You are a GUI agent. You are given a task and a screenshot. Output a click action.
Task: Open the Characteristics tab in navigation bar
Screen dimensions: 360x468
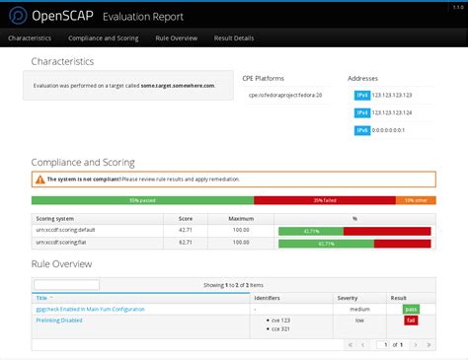(30, 38)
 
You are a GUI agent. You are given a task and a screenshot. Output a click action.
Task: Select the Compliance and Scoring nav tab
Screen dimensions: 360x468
(104, 38)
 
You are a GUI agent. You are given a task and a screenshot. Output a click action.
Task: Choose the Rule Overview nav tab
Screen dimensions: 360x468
(177, 38)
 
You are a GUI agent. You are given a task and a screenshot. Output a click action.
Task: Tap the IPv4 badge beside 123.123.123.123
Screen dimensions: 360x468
(361, 96)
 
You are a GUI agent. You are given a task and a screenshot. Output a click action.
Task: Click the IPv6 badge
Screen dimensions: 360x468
(361, 130)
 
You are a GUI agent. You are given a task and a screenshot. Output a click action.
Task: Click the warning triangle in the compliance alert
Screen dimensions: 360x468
(39, 180)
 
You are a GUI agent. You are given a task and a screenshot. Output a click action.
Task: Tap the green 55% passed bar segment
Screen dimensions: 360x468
(143, 200)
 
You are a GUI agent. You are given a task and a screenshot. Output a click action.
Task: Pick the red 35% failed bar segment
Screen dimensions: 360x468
(324, 200)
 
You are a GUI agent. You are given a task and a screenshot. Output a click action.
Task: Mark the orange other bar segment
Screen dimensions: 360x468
(415, 200)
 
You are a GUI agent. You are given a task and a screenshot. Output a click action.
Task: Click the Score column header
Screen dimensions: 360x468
(185, 218)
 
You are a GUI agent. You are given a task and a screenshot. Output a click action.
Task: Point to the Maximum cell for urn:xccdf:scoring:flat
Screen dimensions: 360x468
(234, 242)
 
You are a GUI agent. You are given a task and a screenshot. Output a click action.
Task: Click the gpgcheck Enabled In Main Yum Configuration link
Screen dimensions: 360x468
(90, 309)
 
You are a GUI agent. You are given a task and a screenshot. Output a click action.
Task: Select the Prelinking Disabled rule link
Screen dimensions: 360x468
(59, 320)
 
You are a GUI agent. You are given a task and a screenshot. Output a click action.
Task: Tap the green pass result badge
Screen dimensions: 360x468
(411, 309)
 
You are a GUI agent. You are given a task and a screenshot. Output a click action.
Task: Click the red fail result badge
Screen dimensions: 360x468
(411, 321)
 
